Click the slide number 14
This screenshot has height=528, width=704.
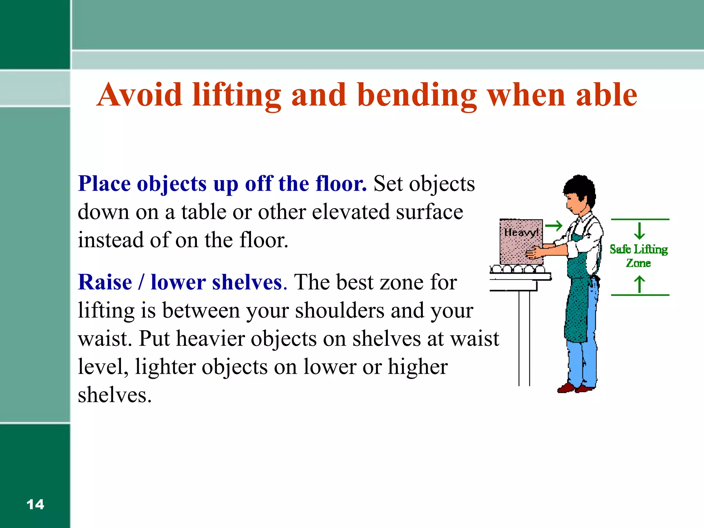[x=35, y=505]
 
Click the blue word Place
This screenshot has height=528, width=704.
[x=104, y=184]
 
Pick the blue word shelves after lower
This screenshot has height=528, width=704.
[x=247, y=282]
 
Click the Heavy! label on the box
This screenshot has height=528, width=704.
[x=520, y=233]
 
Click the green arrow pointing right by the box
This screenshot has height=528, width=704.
[x=554, y=226]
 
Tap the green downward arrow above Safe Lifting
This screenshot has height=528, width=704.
[x=639, y=231]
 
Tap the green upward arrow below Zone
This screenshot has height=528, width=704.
[x=639, y=284]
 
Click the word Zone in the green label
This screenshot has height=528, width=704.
[x=638, y=263]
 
